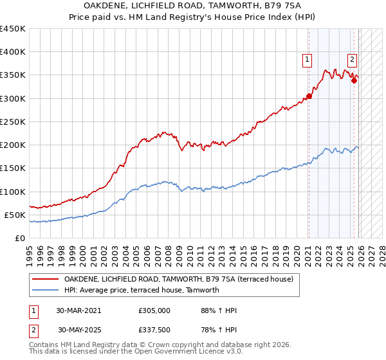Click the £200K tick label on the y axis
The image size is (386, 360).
tap(13, 145)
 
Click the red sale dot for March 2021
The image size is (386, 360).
tap(309, 96)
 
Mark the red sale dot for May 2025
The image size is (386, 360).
tap(354, 81)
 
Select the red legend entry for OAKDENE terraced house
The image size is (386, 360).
tap(179, 279)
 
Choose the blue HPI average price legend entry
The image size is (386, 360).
tap(142, 290)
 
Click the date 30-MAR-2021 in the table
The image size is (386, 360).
tap(79, 310)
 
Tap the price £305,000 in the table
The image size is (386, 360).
tap(154, 310)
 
